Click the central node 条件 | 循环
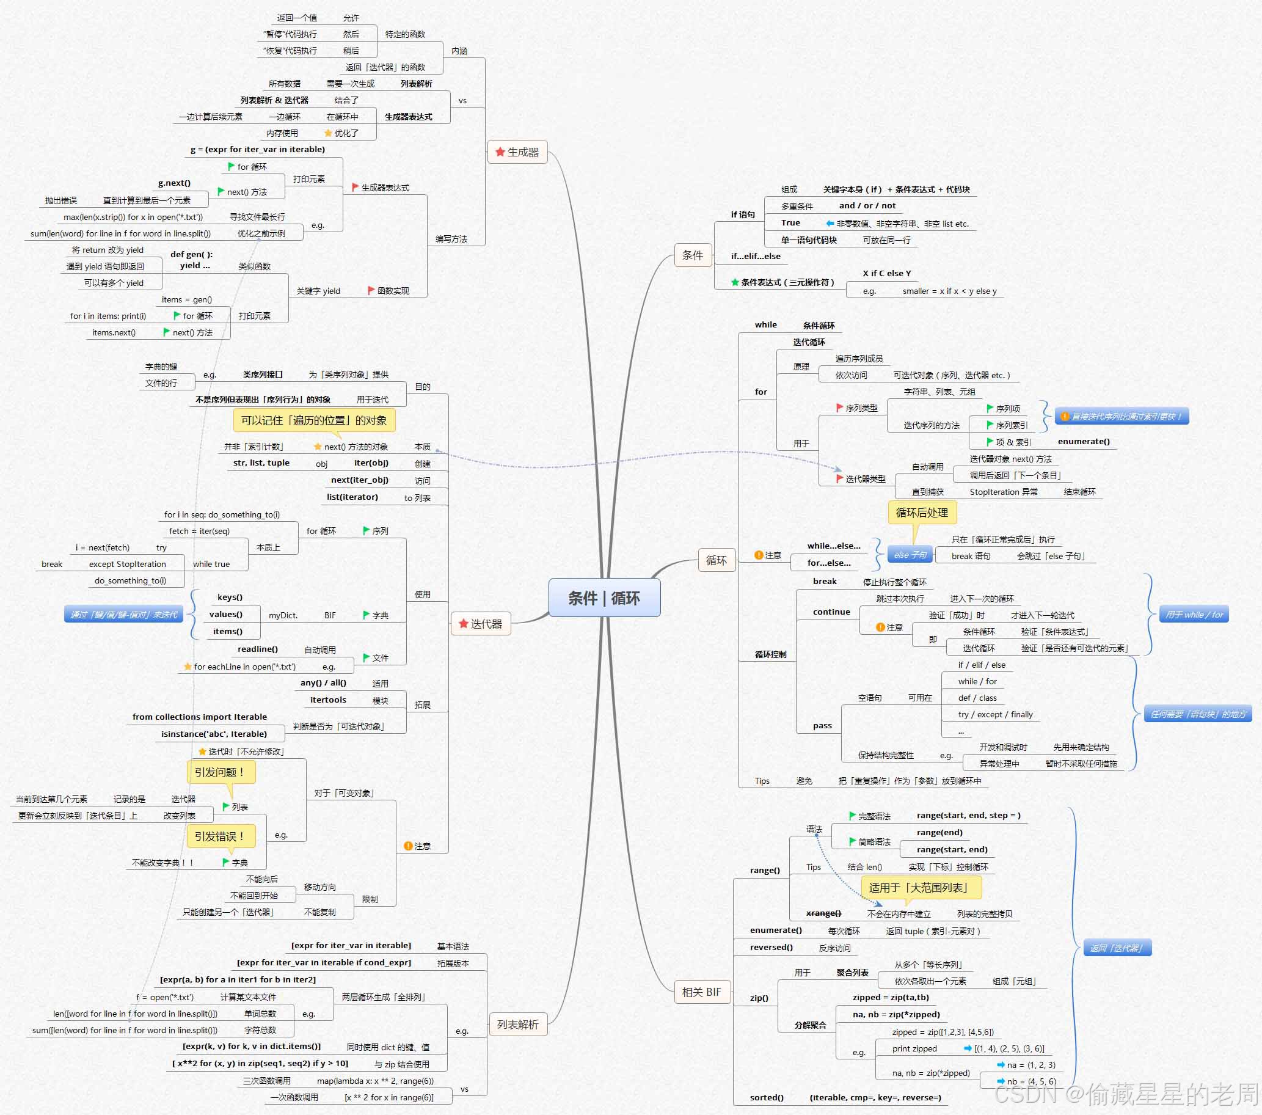coord(604,598)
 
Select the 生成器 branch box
coord(517,152)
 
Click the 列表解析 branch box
coord(517,1024)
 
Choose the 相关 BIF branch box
coord(701,992)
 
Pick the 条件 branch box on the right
coord(692,255)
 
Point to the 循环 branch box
coord(716,560)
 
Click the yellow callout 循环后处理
coord(921,513)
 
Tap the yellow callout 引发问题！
coord(220,772)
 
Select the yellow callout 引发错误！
coord(220,836)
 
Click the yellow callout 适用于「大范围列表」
coord(921,887)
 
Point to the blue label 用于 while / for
coord(1194,614)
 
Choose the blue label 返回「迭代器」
coord(1117,948)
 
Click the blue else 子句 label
coord(910,555)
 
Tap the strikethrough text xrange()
coord(823,913)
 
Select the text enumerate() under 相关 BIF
coord(776,930)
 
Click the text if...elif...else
coord(756,256)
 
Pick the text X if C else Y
coord(886,273)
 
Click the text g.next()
coord(174,183)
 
